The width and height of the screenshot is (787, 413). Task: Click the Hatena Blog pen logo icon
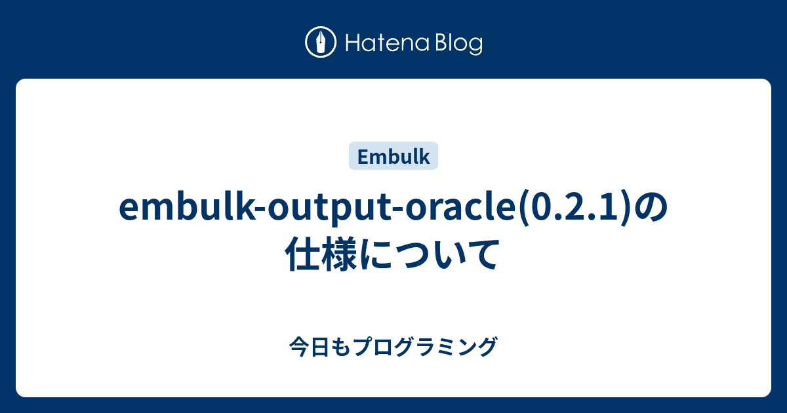[321, 43]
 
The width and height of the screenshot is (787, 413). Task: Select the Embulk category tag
[393, 157]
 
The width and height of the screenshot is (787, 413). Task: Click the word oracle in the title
[447, 208]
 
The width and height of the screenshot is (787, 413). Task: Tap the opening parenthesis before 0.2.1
[523, 208]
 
